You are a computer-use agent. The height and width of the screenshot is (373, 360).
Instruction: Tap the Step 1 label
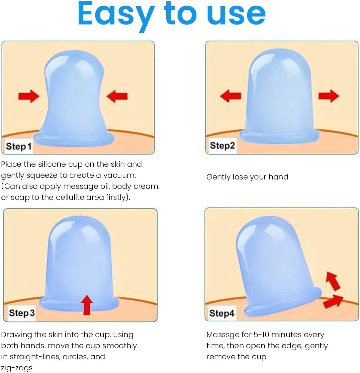(19, 146)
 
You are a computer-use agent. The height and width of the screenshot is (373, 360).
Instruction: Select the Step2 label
(222, 145)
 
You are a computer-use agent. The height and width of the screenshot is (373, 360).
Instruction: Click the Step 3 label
(22, 313)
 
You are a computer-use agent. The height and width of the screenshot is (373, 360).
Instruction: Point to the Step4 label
(222, 313)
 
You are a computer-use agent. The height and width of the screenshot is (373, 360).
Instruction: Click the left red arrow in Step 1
(29, 96)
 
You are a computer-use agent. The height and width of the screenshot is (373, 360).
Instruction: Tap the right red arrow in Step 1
(117, 96)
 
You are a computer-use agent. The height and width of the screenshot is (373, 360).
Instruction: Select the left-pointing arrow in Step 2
(231, 96)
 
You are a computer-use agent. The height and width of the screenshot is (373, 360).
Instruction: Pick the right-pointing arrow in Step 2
(329, 96)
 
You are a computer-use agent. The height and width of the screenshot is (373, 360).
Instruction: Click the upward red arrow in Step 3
(87, 305)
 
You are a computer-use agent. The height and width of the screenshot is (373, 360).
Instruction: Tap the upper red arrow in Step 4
(333, 281)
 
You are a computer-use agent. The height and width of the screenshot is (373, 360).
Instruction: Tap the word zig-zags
(17, 368)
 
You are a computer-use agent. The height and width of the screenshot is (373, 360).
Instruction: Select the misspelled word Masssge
(222, 335)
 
